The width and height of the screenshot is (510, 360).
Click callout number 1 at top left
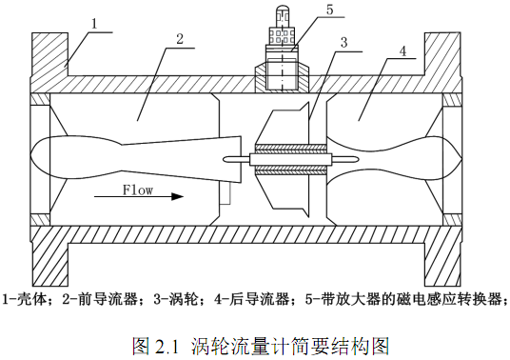click(94, 24)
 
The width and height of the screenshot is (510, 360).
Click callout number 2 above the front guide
click(180, 39)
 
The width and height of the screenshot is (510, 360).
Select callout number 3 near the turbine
click(344, 42)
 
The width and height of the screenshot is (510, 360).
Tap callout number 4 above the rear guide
click(402, 50)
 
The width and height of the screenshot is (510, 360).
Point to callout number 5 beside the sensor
click(330, 10)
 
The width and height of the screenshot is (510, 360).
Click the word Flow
click(138, 190)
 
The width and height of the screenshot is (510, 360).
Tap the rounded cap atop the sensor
click(282, 9)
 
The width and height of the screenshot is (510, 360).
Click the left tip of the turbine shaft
click(226, 159)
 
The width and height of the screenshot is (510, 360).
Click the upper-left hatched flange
click(49, 54)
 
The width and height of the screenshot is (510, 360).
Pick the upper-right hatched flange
click(442, 54)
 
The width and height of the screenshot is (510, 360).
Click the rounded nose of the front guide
click(32, 156)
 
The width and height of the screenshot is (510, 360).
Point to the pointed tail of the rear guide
click(461, 158)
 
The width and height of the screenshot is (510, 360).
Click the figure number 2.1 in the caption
click(167, 347)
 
